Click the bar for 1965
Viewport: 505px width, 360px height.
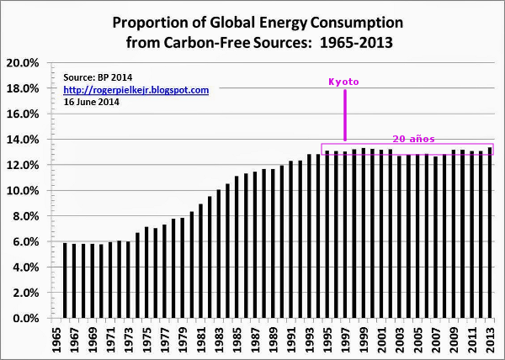click(66, 281)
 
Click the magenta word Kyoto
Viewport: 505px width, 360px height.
click(344, 82)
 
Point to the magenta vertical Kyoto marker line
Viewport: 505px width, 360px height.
click(345, 114)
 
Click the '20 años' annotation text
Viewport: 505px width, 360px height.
click(414, 139)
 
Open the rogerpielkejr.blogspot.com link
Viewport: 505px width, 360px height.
click(136, 89)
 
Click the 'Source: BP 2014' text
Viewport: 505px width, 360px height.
click(98, 77)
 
